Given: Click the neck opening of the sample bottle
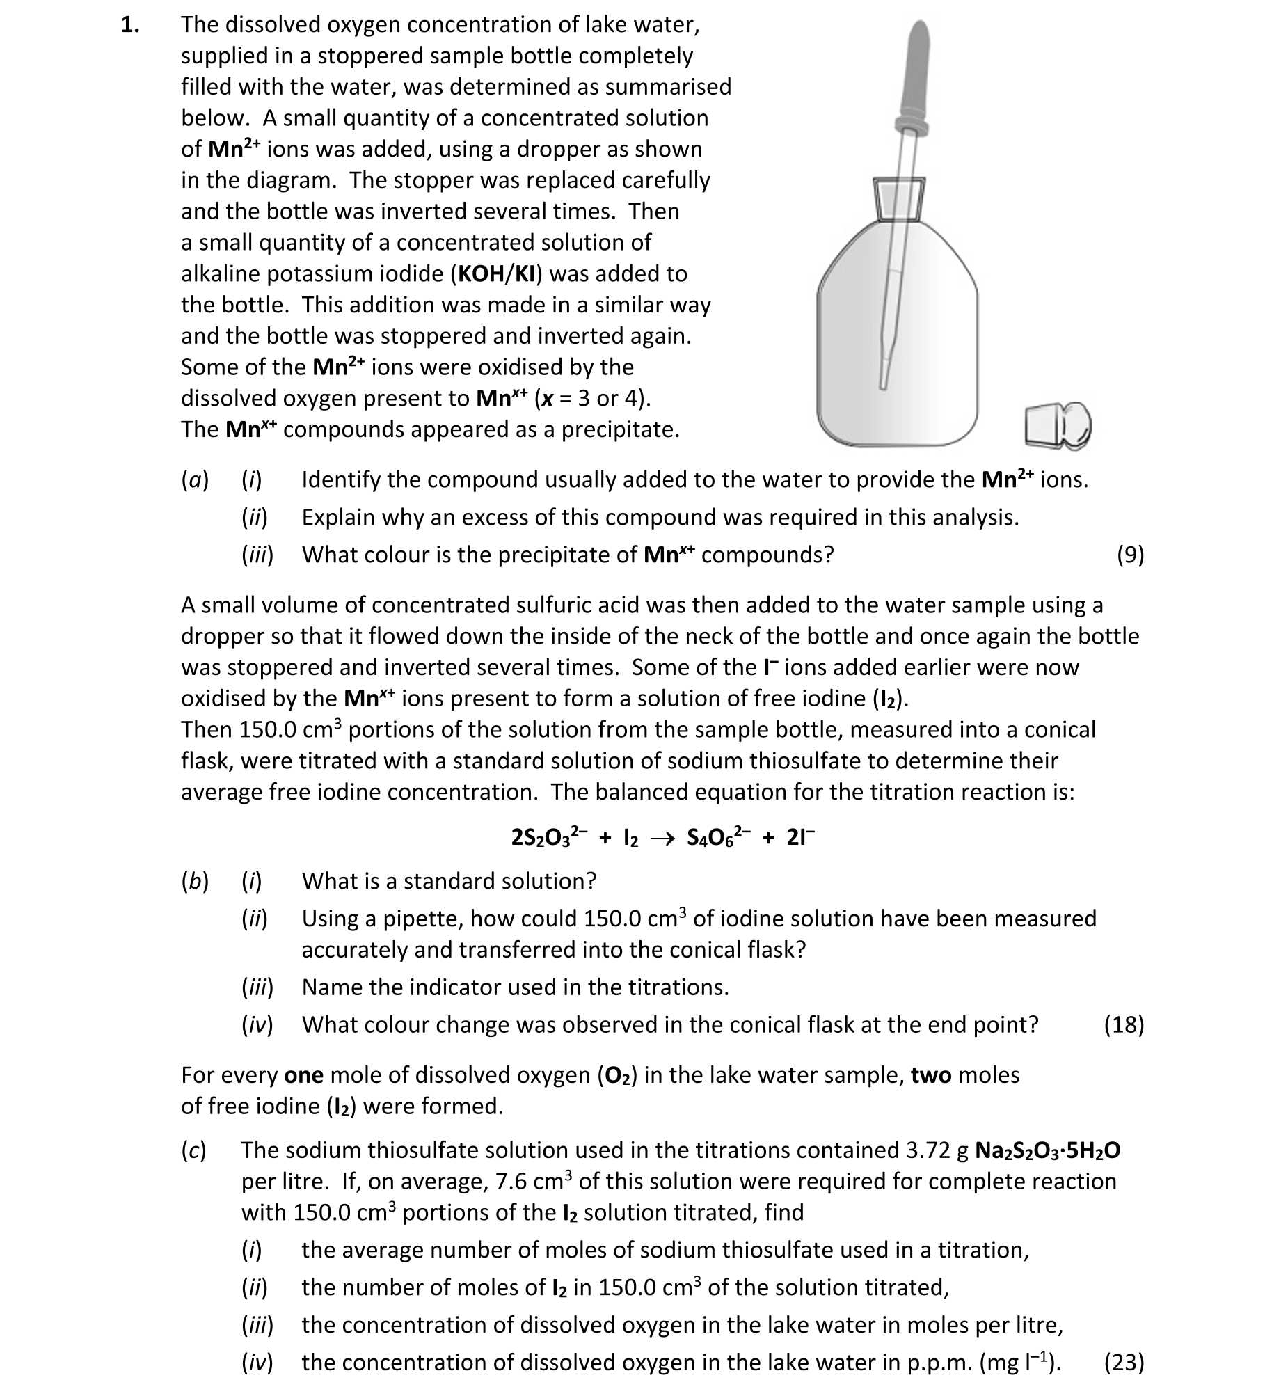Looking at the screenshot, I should (x=900, y=197).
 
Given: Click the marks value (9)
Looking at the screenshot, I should (x=1130, y=555).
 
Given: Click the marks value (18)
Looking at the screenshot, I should (x=1124, y=1024).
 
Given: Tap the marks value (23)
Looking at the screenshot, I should (x=1124, y=1362).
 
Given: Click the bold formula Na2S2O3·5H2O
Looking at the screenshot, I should (x=1048, y=1150).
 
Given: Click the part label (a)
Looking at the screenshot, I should (x=195, y=479).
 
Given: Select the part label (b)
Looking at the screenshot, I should (x=195, y=881).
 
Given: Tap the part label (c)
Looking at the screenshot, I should (x=193, y=1150).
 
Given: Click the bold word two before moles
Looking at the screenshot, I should (x=931, y=1075).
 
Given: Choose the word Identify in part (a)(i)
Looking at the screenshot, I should (x=341, y=479).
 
